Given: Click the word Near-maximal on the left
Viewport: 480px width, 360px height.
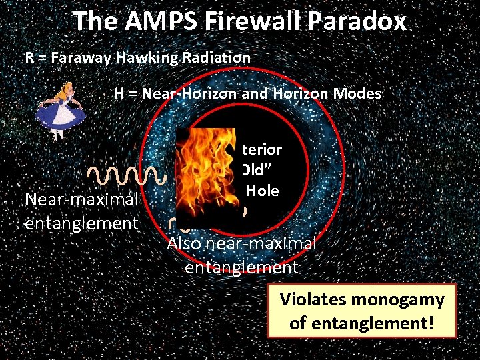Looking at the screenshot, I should [81, 199].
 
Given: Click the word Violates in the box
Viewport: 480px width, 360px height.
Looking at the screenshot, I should [316, 299].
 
